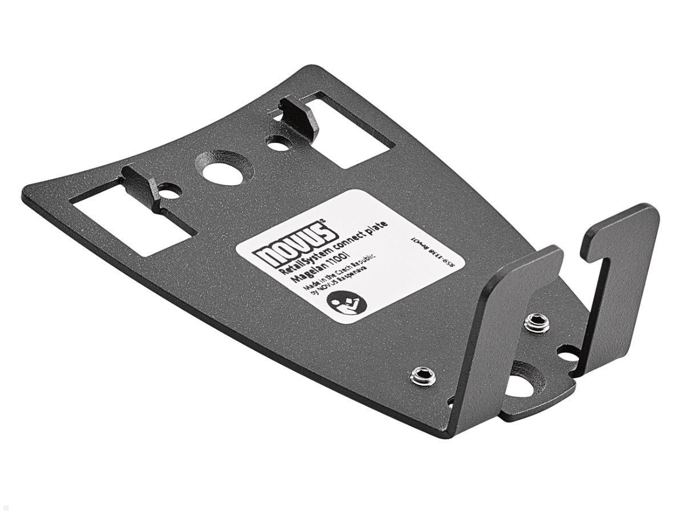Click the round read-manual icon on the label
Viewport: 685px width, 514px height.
click(348, 306)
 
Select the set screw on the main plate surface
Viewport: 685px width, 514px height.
click(424, 375)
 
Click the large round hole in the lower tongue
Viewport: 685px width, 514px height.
click(520, 385)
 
